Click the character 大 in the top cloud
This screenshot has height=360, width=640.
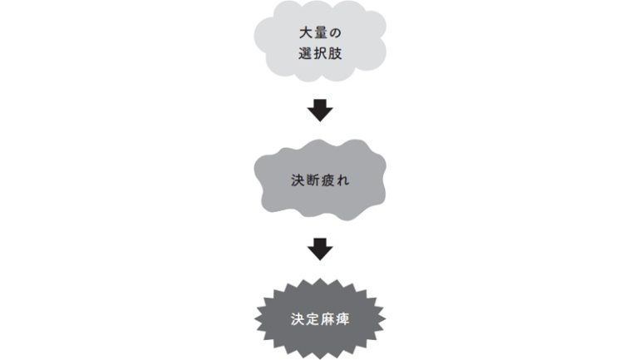coord(305,33)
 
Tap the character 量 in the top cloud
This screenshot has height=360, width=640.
coord(320,33)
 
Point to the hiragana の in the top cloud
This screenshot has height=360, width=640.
coord(335,33)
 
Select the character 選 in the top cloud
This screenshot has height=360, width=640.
coord(305,53)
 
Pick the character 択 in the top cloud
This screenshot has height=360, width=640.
coord(320,53)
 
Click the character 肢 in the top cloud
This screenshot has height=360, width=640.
coord(335,53)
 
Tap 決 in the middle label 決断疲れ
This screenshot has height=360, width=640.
coord(298,180)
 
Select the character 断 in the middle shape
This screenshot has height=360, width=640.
coord(313,180)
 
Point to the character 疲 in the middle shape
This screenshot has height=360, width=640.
coord(327,180)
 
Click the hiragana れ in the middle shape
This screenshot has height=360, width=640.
coord(342,180)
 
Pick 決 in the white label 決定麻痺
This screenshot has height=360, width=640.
coord(298,319)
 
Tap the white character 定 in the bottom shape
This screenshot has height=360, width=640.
coord(313,319)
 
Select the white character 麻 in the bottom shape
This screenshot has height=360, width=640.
coord(327,319)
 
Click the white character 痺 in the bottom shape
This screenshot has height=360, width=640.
coord(342,319)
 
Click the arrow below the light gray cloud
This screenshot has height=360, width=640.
coord(320,111)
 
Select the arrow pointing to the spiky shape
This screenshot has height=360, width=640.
coord(320,249)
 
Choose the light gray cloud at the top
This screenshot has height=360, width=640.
coord(320,41)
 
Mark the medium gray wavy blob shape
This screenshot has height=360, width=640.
coord(320,180)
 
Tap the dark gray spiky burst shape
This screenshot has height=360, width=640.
coord(320,318)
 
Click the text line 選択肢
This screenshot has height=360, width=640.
coord(320,53)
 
